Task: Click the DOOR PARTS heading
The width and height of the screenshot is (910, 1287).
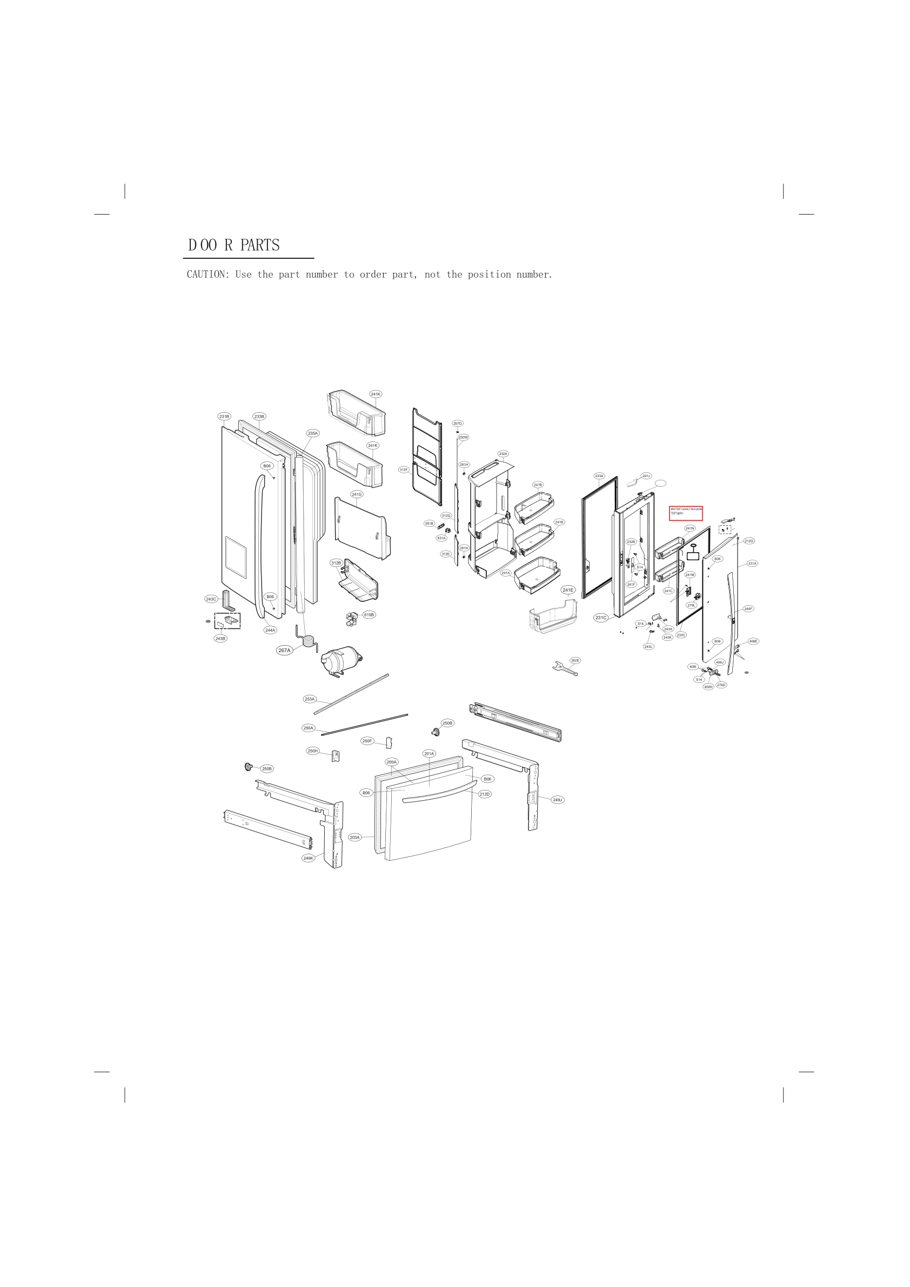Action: click(x=234, y=245)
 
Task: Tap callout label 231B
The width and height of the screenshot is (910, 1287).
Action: click(x=224, y=417)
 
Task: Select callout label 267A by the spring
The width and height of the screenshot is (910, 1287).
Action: click(x=284, y=650)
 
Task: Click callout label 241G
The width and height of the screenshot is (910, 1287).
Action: click(x=357, y=494)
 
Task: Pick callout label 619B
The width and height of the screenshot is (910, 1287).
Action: click(x=369, y=615)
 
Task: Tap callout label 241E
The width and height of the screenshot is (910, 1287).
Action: click(x=568, y=589)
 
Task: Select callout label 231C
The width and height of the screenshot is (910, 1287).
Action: click(x=600, y=618)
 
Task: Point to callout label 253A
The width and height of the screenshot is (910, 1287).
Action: click(x=310, y=699)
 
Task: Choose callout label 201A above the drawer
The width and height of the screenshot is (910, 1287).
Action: click(x=429, y=754)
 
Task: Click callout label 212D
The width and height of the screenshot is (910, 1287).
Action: click(x=484, y=794)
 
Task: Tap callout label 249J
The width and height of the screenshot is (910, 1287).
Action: click(x=557, y=800)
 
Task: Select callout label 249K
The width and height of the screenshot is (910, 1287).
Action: click(x=309, y=858)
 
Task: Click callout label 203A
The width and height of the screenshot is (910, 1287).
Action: click(x=354, y=837)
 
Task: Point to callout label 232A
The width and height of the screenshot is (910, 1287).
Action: click(x=503, y=453)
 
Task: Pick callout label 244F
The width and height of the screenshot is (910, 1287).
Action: click(x=748, y=609)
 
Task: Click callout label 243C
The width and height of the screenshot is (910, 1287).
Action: click(x=211, y=599)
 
